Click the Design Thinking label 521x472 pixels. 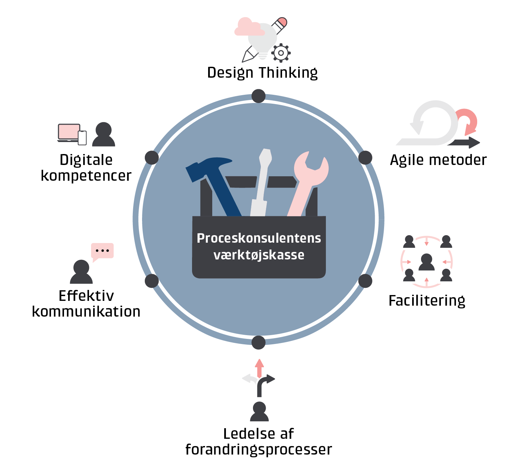point(262,73)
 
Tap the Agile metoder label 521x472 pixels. point(438,160)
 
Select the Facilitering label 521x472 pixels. point(427,301)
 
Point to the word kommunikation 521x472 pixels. point(86,312)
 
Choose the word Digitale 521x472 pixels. point(86,160)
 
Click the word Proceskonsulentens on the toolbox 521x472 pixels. point(259,238)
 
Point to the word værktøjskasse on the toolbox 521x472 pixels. point(259,255)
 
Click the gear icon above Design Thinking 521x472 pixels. point(281,53)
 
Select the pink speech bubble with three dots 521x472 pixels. point(102,251)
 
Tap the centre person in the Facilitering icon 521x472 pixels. point(427,262)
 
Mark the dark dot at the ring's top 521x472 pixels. point(258,96)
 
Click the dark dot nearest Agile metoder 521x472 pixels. point(365,157)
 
